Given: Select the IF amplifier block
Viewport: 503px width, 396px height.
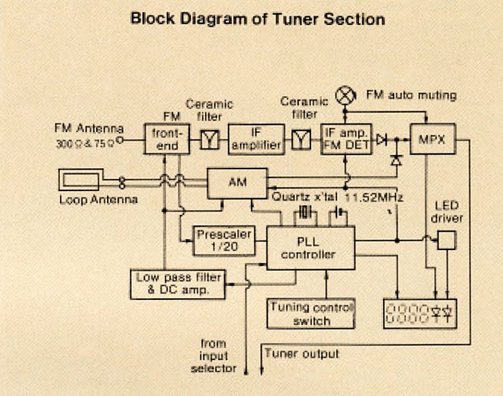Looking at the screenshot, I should (256, 139).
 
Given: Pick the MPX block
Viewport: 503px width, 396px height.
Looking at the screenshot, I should (433, 139).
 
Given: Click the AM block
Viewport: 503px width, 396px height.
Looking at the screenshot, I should (238, 183).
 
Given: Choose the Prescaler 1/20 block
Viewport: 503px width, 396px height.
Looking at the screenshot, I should (224, 241).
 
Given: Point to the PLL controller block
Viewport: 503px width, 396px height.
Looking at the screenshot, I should (311, 248).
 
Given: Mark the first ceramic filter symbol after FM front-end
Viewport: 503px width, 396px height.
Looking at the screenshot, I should (208, 140).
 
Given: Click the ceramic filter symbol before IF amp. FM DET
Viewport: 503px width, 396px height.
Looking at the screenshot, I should (301, 140).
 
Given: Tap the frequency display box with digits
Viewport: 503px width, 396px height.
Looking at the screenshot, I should (421, 312).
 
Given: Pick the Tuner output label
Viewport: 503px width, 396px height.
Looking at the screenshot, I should (301, 354).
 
